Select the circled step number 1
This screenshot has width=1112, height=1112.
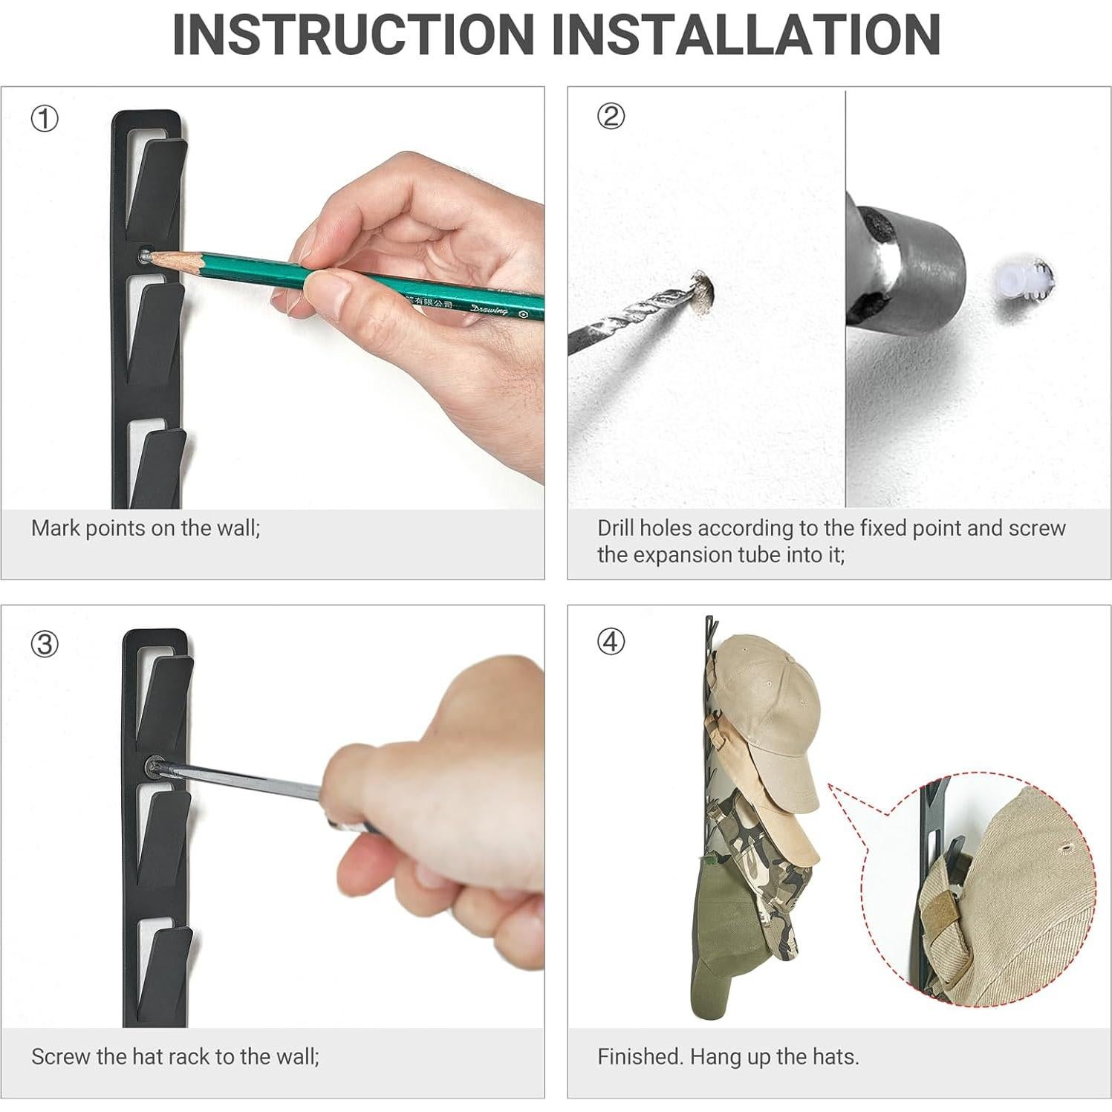(44, 119)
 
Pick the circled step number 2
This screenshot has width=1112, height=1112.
(611, 117)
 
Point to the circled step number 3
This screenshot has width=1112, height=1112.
(44, 643)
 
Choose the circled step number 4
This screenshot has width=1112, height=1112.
(611, 641)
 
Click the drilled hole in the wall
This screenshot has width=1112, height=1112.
(703, 290)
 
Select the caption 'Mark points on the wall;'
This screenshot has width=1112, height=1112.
(146, 528)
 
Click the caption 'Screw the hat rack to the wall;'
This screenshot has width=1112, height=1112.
(175, 1056)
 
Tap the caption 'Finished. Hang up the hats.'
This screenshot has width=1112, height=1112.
(728, 1056)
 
